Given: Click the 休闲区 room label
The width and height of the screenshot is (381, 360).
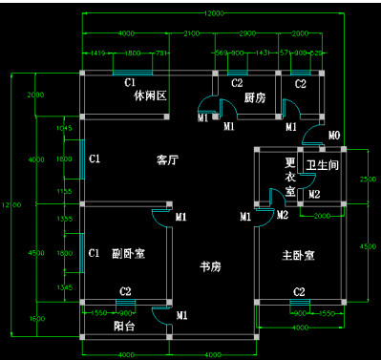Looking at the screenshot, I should point(150,96).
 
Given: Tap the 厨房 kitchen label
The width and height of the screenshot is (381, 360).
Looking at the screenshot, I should point(254,97).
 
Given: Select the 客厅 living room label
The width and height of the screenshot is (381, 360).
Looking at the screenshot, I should point(169,160).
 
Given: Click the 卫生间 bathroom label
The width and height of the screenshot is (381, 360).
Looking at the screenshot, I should point(322,166).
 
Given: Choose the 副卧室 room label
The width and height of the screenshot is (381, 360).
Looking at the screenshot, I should point(128,254).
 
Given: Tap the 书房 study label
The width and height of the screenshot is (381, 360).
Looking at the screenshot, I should point(210,265).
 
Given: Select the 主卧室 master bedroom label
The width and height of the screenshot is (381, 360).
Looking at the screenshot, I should point(298,255).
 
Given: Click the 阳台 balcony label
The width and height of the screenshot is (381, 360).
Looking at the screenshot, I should point(124,325).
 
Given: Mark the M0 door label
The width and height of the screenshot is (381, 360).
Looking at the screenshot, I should point(334,136).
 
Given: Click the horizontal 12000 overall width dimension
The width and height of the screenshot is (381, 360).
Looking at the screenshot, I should point(214,13).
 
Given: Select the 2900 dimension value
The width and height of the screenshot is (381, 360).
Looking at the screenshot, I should point(246,33).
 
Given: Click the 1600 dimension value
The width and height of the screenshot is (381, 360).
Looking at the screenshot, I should point(36,317).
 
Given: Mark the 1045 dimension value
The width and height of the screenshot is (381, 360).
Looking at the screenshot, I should point(65,127).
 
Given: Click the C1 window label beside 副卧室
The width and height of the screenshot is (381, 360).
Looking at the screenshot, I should point(95,254).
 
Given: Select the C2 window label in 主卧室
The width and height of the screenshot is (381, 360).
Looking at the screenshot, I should point(299,291).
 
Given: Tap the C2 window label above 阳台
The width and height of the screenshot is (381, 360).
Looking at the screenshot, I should point(125,291).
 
